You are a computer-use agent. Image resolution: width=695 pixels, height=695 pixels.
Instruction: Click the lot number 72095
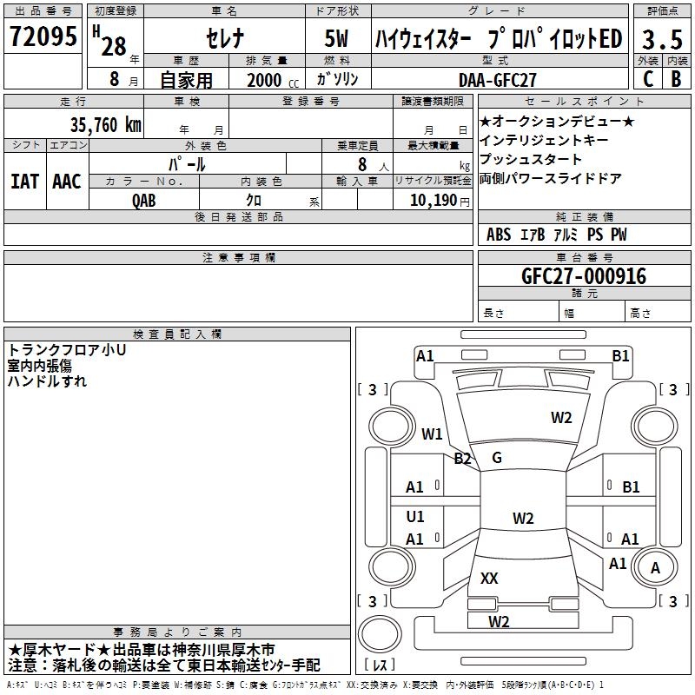point(43,36)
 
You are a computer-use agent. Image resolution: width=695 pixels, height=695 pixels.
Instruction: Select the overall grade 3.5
point(662,39)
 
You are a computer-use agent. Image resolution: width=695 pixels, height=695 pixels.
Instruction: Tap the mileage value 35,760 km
point(105,125)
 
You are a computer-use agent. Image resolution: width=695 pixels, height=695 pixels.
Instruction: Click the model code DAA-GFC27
point(497,80)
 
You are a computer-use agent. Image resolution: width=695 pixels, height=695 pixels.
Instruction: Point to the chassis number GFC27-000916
point(584,276)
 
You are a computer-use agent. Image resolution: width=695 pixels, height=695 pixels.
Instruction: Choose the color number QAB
point(143,201)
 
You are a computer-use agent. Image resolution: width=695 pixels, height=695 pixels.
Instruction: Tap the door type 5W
point(336,38)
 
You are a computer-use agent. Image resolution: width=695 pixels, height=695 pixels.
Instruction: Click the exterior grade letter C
point(648,79)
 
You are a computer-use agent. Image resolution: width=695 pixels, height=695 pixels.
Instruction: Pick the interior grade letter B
point(676,79)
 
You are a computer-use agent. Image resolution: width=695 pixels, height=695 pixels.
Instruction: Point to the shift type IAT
point(25,182)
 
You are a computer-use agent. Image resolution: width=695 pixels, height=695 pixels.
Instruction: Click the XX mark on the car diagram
point(489,578)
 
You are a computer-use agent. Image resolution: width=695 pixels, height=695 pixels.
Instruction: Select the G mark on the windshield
point(497,458)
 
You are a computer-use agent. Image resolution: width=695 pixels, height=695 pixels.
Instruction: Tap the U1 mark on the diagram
point(415,516)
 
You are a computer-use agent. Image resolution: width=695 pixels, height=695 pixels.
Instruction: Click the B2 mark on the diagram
point(462,458)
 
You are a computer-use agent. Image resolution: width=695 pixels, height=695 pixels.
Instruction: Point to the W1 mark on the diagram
point(432,434)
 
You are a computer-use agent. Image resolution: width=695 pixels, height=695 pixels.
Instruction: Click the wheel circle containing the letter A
point(655,567)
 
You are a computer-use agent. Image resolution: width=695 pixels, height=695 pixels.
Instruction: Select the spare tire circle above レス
point(380,634)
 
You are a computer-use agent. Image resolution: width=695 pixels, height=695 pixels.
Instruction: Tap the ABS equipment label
point(499,235)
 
